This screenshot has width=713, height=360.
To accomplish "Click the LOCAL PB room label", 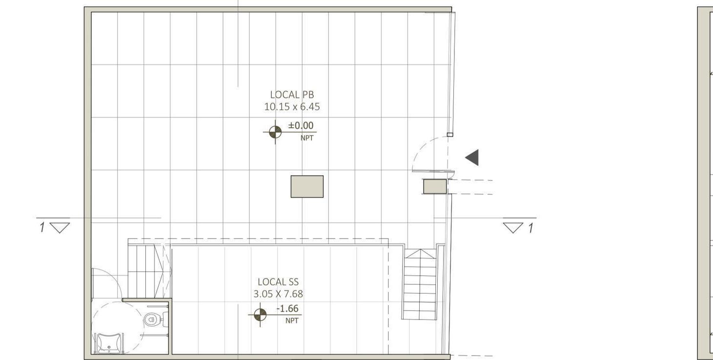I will (292, 95).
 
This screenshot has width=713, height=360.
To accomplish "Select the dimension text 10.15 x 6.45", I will (292, 107).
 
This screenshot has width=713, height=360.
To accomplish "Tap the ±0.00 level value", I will (301, 125).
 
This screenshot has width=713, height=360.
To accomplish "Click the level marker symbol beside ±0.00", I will (275, 132).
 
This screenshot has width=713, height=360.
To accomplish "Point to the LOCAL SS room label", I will (278, 282).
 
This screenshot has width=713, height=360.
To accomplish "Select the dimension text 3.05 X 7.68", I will (278, 294).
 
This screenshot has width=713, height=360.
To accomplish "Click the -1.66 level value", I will (287, 308).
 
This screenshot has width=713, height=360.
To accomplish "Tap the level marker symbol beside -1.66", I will (260, 315).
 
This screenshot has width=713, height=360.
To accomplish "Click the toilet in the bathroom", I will (152, 320).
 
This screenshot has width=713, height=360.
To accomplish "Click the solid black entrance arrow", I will (472, 158).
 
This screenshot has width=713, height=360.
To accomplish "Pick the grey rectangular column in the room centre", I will (307, 186).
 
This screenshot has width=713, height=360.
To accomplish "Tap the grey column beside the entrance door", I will (434, 186).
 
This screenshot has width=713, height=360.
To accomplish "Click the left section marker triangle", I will (60, 227).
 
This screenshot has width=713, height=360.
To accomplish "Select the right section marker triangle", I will (513, 227).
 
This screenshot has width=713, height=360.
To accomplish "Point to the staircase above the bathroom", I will (145, 271).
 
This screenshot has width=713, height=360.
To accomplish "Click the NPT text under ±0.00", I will (307, 138).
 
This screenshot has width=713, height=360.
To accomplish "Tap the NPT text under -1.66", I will (292, 320).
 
